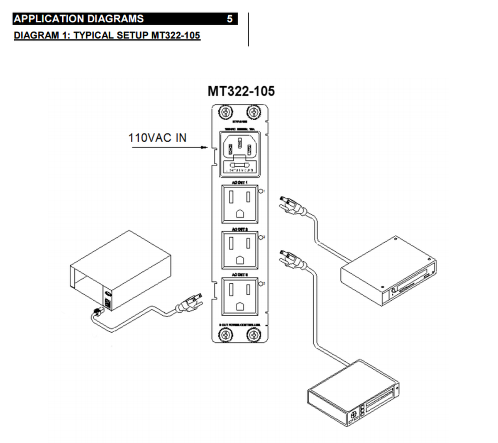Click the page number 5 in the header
point(229,19)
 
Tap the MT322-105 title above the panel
point(241,91)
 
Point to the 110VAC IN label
point(157,138)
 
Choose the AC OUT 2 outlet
point(239,250)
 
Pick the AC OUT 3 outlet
point(239,296)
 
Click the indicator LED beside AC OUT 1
point(260,191)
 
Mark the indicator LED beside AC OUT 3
point(260,284)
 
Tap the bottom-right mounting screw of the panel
point(253,335)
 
